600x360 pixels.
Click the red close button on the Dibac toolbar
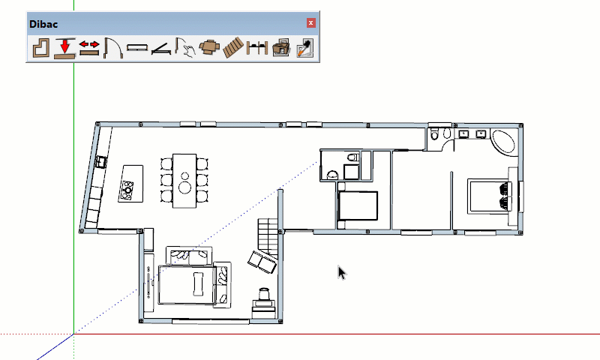(x=310, y=23)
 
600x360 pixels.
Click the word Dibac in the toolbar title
(x=43, y=24)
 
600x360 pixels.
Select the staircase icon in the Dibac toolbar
(x=233, y=48)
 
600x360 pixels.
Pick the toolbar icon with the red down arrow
(x=64, y=48)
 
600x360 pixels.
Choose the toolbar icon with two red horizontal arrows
(x=89, y=48)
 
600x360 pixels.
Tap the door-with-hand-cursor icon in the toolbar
(x=185, y=48)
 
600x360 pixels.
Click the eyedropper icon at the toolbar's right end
(x=305, y=48)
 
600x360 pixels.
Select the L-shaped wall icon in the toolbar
(x=41, y=48)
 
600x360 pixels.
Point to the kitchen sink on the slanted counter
(x=101, y=162)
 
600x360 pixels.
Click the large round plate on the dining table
(x=185, y=187)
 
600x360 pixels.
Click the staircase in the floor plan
(x=268, y=238)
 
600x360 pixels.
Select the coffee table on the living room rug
(x=198, y=283)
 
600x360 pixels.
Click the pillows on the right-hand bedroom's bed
(x=505, y=196)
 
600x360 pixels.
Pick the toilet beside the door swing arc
(x=434, y=134)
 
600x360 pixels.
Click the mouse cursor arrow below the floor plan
(x=342, y=273)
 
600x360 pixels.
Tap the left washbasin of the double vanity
(x=463, y=134)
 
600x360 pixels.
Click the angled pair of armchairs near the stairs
(x=262, y=262)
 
